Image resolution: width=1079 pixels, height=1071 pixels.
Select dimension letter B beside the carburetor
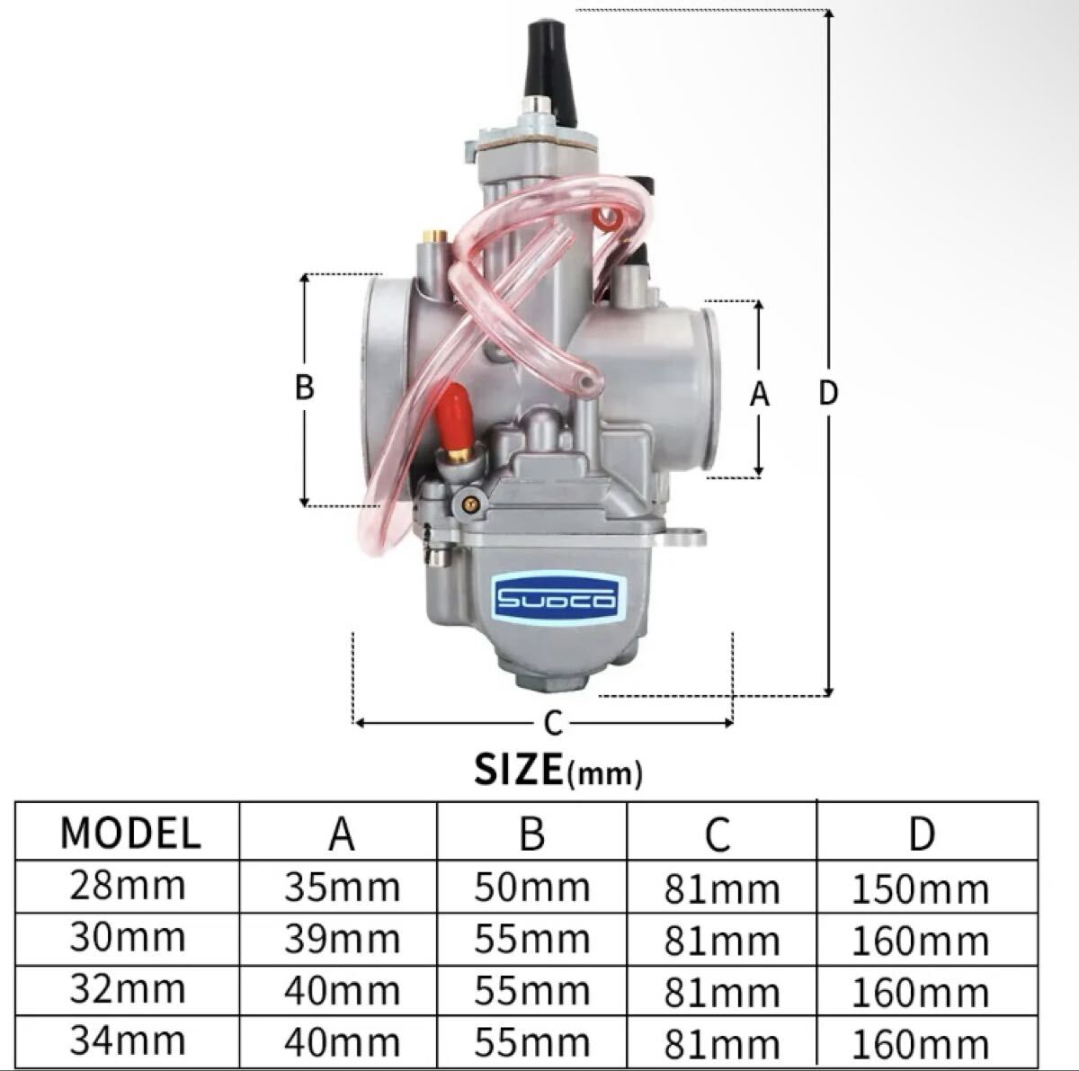tap(304, 387)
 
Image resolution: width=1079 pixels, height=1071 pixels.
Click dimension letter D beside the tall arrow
tap(828, 393)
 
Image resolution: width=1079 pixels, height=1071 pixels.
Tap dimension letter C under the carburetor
tap(553, 723)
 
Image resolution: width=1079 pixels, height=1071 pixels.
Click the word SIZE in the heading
tap(519, 769)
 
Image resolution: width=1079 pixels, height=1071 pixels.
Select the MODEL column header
tap(129, 833)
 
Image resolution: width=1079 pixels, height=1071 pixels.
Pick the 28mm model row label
tap(127, 886)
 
